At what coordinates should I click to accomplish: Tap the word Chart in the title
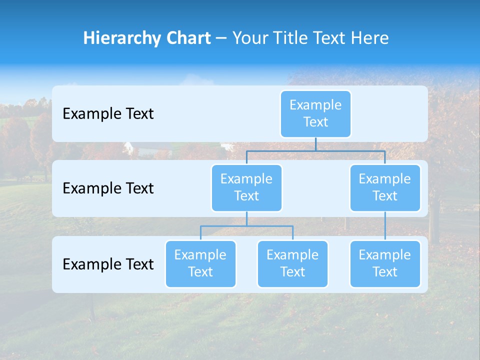pyautogui.click(x=187, y=38)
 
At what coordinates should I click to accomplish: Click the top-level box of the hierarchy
pyautogui.click(x=315, y=113)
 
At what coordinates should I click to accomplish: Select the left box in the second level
pyautogui.click(x=246, y=187)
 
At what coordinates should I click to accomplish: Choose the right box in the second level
pyautogui.click(x=385, y=187)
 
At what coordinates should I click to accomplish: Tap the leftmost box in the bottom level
pyautogui.click(x=200, y=263)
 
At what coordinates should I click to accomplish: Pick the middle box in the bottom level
pyautogui.click(x=292, y=263)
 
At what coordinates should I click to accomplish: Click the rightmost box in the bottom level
pyautogui.click(x=385, y=263)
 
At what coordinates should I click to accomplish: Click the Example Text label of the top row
pyautogui.click(x=108, y=114)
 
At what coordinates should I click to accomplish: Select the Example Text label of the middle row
pyautogui.click(x=108, y=188)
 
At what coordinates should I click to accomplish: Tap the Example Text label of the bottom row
pyautogui.click(x=108, y=264)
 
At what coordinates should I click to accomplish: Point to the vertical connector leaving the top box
pyautogui.click(x=315, y=144)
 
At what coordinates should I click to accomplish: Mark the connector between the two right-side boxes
pyautogui.click(x=385, y=226)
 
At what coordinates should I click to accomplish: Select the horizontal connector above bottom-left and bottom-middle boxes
pyautogui.click(x=246, y=226)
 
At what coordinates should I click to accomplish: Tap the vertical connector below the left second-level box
pyautogui.click(x=246, y=218)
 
